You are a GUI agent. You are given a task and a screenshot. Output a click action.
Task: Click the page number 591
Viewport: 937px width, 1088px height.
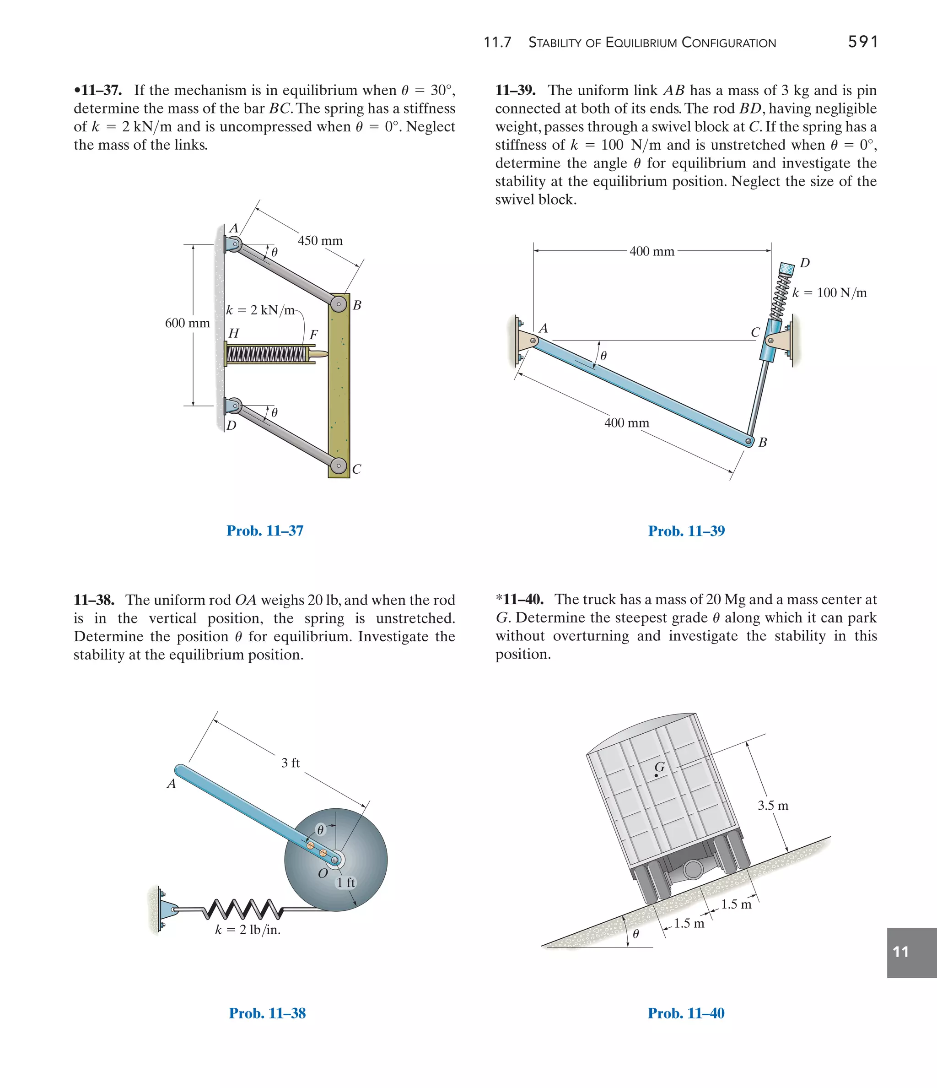pos(862,42)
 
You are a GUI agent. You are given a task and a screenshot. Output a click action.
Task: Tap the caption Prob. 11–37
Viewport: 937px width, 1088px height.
pos(264,530)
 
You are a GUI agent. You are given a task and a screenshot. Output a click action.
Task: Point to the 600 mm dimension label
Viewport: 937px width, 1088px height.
pos(188,323)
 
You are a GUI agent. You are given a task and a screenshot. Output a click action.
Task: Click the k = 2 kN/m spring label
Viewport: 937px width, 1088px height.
pos(260,310)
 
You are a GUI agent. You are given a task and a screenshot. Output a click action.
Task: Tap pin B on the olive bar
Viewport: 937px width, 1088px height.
pos(339,304)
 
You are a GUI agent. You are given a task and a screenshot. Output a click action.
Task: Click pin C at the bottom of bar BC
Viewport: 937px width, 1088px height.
pos(339,466)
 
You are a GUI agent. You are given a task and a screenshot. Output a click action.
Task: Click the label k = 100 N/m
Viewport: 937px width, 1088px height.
pos(829,292)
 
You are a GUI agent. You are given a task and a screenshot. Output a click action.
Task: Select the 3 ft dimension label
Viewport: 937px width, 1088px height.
pos(290,763)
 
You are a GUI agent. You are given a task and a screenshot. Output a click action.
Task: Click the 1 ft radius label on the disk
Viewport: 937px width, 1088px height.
pos(345,882)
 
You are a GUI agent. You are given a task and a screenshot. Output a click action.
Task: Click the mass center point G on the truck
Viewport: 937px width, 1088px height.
pos(656,775)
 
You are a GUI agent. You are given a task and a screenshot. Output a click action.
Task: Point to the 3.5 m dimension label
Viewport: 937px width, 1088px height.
pos(773,805)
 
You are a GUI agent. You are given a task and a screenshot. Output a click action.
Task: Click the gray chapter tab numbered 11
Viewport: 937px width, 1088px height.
pos(911,952)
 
